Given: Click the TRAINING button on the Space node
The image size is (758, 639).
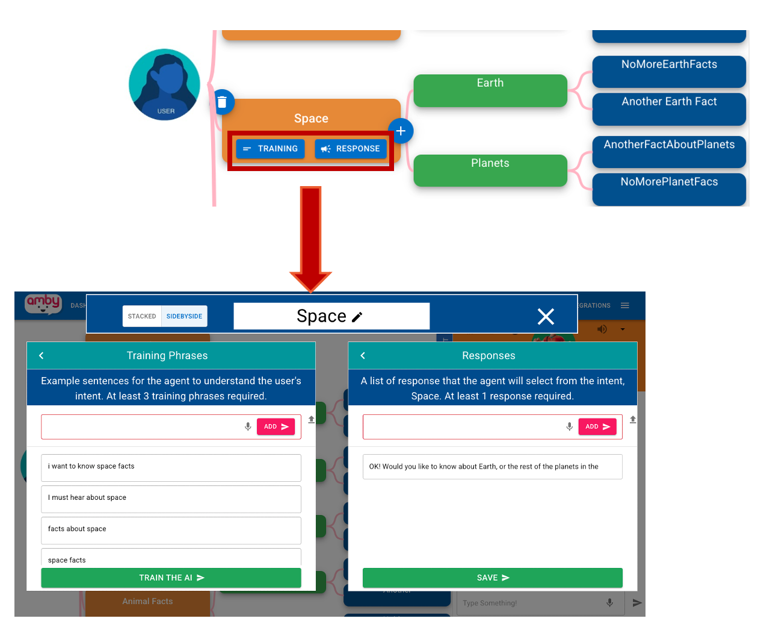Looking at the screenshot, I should point(270,149).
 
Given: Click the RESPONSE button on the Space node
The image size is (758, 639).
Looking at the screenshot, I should point(351,149).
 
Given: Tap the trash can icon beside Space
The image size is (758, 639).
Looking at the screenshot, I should point(222,102).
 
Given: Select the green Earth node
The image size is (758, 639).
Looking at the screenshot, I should point(490,90).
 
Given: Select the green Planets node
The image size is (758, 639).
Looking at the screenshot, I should point(490,170).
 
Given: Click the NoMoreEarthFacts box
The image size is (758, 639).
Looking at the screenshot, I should point(669,72).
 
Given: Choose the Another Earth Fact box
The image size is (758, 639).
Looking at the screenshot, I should point(669,108).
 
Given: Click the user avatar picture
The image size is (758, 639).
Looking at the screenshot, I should point(164,84).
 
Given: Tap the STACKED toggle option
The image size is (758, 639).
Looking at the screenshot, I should point(142,316).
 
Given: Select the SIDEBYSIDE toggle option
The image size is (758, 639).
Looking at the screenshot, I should point(184,316).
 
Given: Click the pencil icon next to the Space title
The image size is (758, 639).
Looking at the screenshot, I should point(357,317).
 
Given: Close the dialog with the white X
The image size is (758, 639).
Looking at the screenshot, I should point(546,317).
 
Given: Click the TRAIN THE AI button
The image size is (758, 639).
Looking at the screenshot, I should point(171,578).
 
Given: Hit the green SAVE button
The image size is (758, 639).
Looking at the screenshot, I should point(492,578).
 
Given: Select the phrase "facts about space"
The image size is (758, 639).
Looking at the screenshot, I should point(171,530).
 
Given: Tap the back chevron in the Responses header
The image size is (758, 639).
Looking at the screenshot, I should point(363,356).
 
